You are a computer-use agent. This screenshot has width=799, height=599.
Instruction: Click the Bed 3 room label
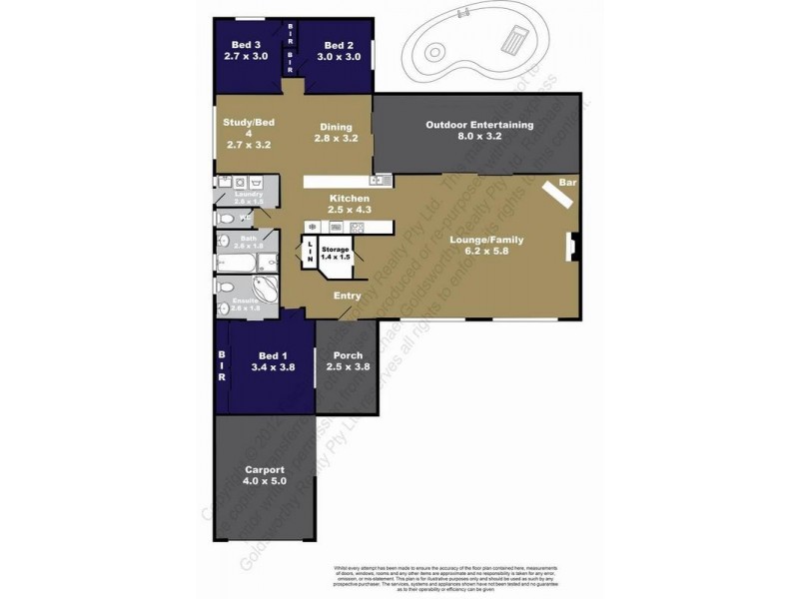(x=246, y=51)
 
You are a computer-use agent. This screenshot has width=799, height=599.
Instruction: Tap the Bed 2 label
(x=338, y=51)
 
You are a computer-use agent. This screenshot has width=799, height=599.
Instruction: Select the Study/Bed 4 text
(x=249, y=133)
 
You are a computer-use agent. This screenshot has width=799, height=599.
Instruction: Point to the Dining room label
(x=336, y=133)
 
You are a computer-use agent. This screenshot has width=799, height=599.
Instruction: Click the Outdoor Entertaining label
(x=479, y=131)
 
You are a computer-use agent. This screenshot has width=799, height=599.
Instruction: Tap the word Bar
(x=567, y=183)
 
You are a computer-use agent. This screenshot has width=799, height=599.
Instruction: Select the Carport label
(x=265, y=475)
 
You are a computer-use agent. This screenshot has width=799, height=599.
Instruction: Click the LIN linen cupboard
(x=311, y=250)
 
